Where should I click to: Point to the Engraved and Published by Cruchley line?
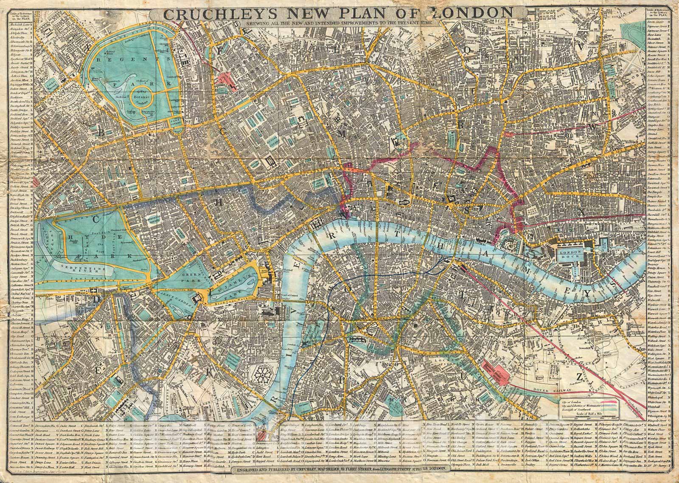[339, 469]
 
